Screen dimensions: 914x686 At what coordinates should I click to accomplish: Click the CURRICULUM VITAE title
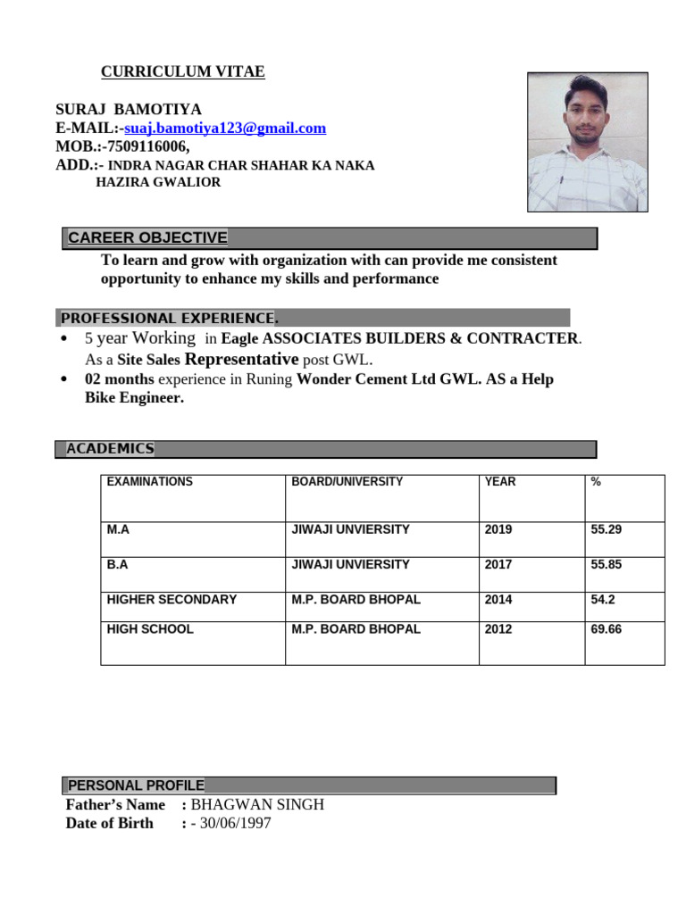point(182,72)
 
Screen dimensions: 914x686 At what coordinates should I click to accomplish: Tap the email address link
point(225,129)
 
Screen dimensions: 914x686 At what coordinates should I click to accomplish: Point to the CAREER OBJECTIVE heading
point(147,237)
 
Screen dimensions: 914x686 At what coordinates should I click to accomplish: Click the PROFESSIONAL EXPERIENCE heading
point(169,319)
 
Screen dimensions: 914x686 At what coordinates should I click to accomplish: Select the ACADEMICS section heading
point(110,449)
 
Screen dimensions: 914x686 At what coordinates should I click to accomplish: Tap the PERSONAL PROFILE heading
point(136,785)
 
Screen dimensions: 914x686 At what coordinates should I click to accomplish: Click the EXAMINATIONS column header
point(149,482)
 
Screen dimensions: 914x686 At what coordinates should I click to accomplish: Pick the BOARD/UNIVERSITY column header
point(347,482)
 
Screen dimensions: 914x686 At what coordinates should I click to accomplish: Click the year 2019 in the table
point(498,529)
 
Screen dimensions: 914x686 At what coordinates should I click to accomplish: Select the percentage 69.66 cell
point(606,629)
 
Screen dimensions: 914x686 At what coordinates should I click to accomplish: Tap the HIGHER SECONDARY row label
point(171,600)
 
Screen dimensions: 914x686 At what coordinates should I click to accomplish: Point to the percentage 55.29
point(606,529)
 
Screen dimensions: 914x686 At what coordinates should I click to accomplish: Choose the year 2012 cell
point(498,629)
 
